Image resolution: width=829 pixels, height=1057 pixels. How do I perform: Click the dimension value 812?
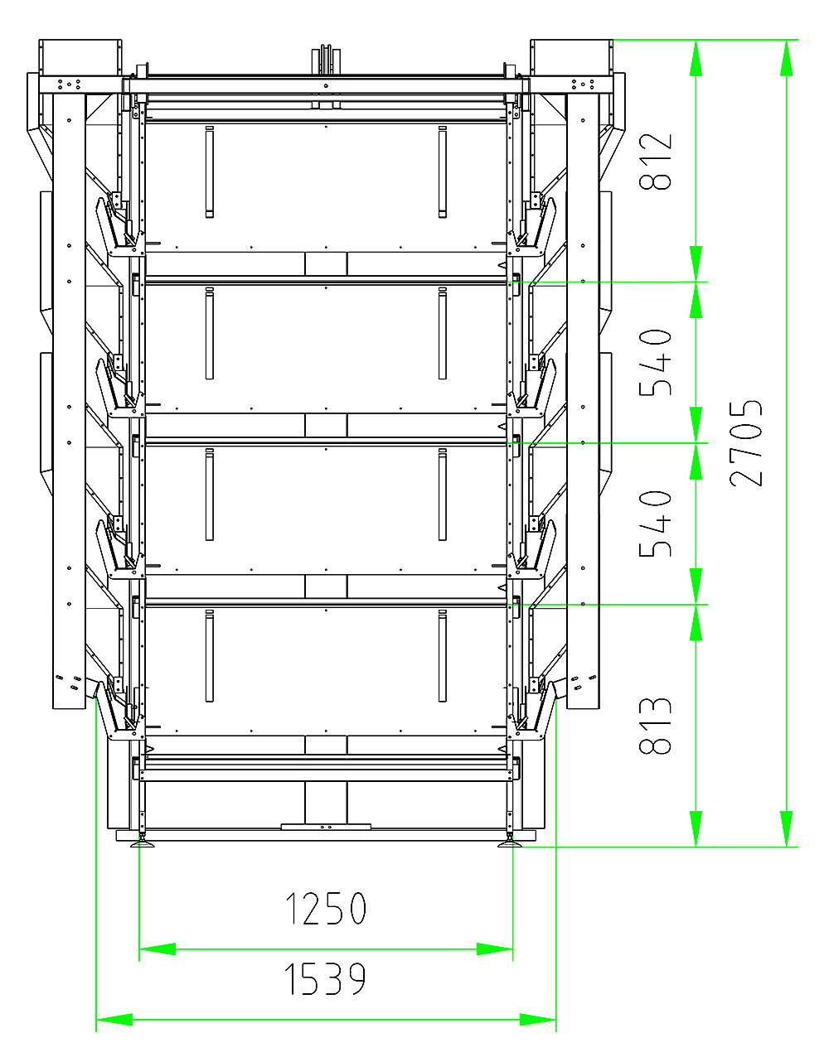pos(656,161)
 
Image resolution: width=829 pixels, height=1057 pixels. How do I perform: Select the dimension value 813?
pos(656,726)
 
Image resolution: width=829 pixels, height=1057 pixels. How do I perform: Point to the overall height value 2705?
pos(746,443)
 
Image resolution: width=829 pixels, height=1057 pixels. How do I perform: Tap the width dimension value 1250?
pos(326,909)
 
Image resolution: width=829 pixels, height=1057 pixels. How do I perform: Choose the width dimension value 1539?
pos(326,980)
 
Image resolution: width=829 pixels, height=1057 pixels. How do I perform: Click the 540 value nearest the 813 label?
pos(656,524)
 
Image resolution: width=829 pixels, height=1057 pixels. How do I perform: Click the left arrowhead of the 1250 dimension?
pos(158,949)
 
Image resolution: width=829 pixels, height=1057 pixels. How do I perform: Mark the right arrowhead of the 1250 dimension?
pos(495,949)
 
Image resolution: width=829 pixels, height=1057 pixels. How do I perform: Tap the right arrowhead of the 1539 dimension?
pos(538,1020)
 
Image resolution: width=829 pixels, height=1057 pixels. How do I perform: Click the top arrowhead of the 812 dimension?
pos(696,58)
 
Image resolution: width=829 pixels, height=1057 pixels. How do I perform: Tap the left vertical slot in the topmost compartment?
pos(209,172)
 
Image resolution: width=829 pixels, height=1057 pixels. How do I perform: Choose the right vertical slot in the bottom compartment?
pos(442,656)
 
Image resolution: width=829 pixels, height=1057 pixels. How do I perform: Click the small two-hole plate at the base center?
pos(326,827)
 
